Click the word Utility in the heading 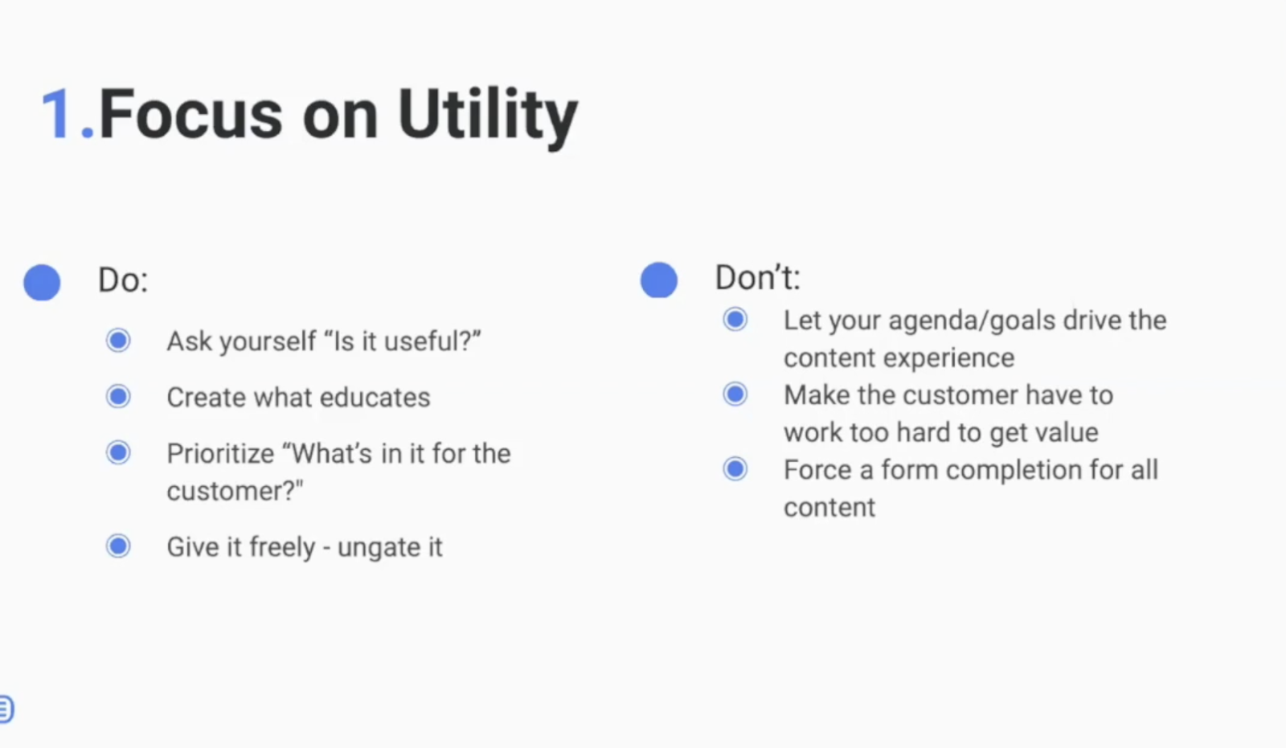point(487,118)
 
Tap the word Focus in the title point(190,113)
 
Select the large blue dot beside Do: point(42,283)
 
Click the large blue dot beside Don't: point(658,280)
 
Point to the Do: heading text point(123,280)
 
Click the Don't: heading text point(757,278)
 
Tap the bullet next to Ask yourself point(118,341)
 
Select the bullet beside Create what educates point(118,397)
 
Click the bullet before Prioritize point(118,453)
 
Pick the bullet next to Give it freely point(118,546)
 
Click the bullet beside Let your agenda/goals point(735,319)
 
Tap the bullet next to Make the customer point(735,394)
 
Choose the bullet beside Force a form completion point(735,469)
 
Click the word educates point(375,397)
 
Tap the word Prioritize point(220,454)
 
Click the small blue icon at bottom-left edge point(6,709)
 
